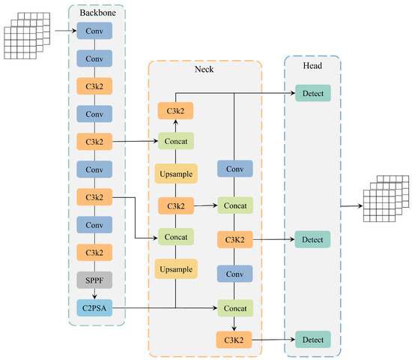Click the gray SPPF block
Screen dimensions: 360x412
pyautogui.click(x=94, y=280)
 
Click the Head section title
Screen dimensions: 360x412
pyautogui.click(x=312, y=64)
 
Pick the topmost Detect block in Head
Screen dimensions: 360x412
pyautogui.click(x=312, y=94)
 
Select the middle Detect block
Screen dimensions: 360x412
pyautogui.click(x=312, y=240)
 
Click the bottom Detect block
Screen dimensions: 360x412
pyautogui.click(x=312, y=340)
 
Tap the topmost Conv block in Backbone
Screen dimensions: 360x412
pyautogui.click(x=94, y=31)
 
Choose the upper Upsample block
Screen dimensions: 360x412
pyautogui.click(x=175, y=173)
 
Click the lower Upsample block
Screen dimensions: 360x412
pyautogui.click(x=175, y=268)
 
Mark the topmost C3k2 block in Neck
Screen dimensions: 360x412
pyautogui.click(x=175, y=111)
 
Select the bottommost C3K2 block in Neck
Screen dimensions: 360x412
pyautogui.click(x=234, y=340)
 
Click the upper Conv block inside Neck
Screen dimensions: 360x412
pyautogui.click(x=234, y=169)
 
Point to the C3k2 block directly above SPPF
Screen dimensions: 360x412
pyautogui.click(x=94, y=252)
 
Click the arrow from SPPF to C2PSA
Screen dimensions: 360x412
pyautogui.click(x=94, y=293)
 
